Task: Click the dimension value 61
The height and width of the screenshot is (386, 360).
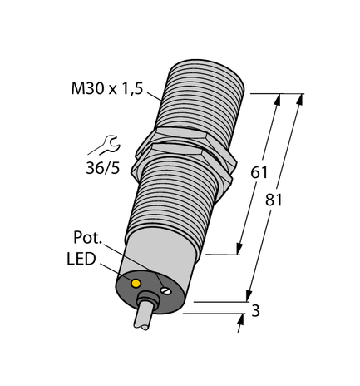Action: (260, 174)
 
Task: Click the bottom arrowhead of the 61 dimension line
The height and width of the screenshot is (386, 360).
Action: (241, 247)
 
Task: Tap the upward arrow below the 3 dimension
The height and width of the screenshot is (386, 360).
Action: (242, 325)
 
